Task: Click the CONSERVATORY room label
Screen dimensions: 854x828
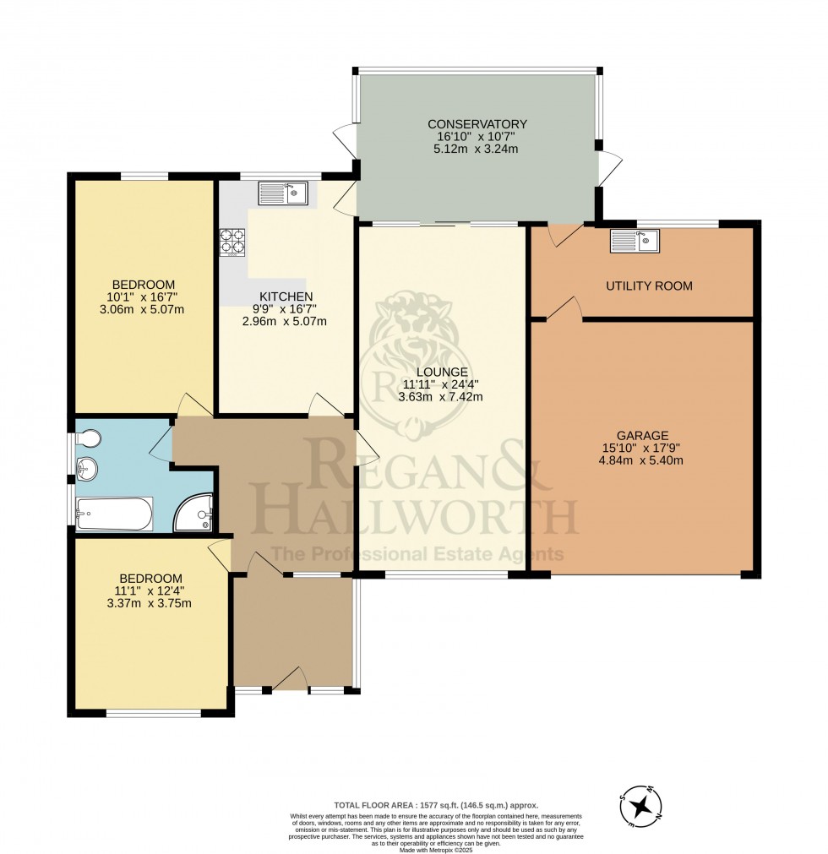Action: [x=477, y=124]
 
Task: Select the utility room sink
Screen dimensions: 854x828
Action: [x=635, y=242]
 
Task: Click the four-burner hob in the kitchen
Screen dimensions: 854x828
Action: [x=232, y=242]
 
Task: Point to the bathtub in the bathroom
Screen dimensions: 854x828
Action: [x=115, y=514]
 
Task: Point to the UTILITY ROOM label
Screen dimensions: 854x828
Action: [x=649, y=286]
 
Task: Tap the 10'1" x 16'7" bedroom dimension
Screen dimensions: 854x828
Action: [x=142, y=296]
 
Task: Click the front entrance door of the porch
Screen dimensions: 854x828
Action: [x=291, y=678]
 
